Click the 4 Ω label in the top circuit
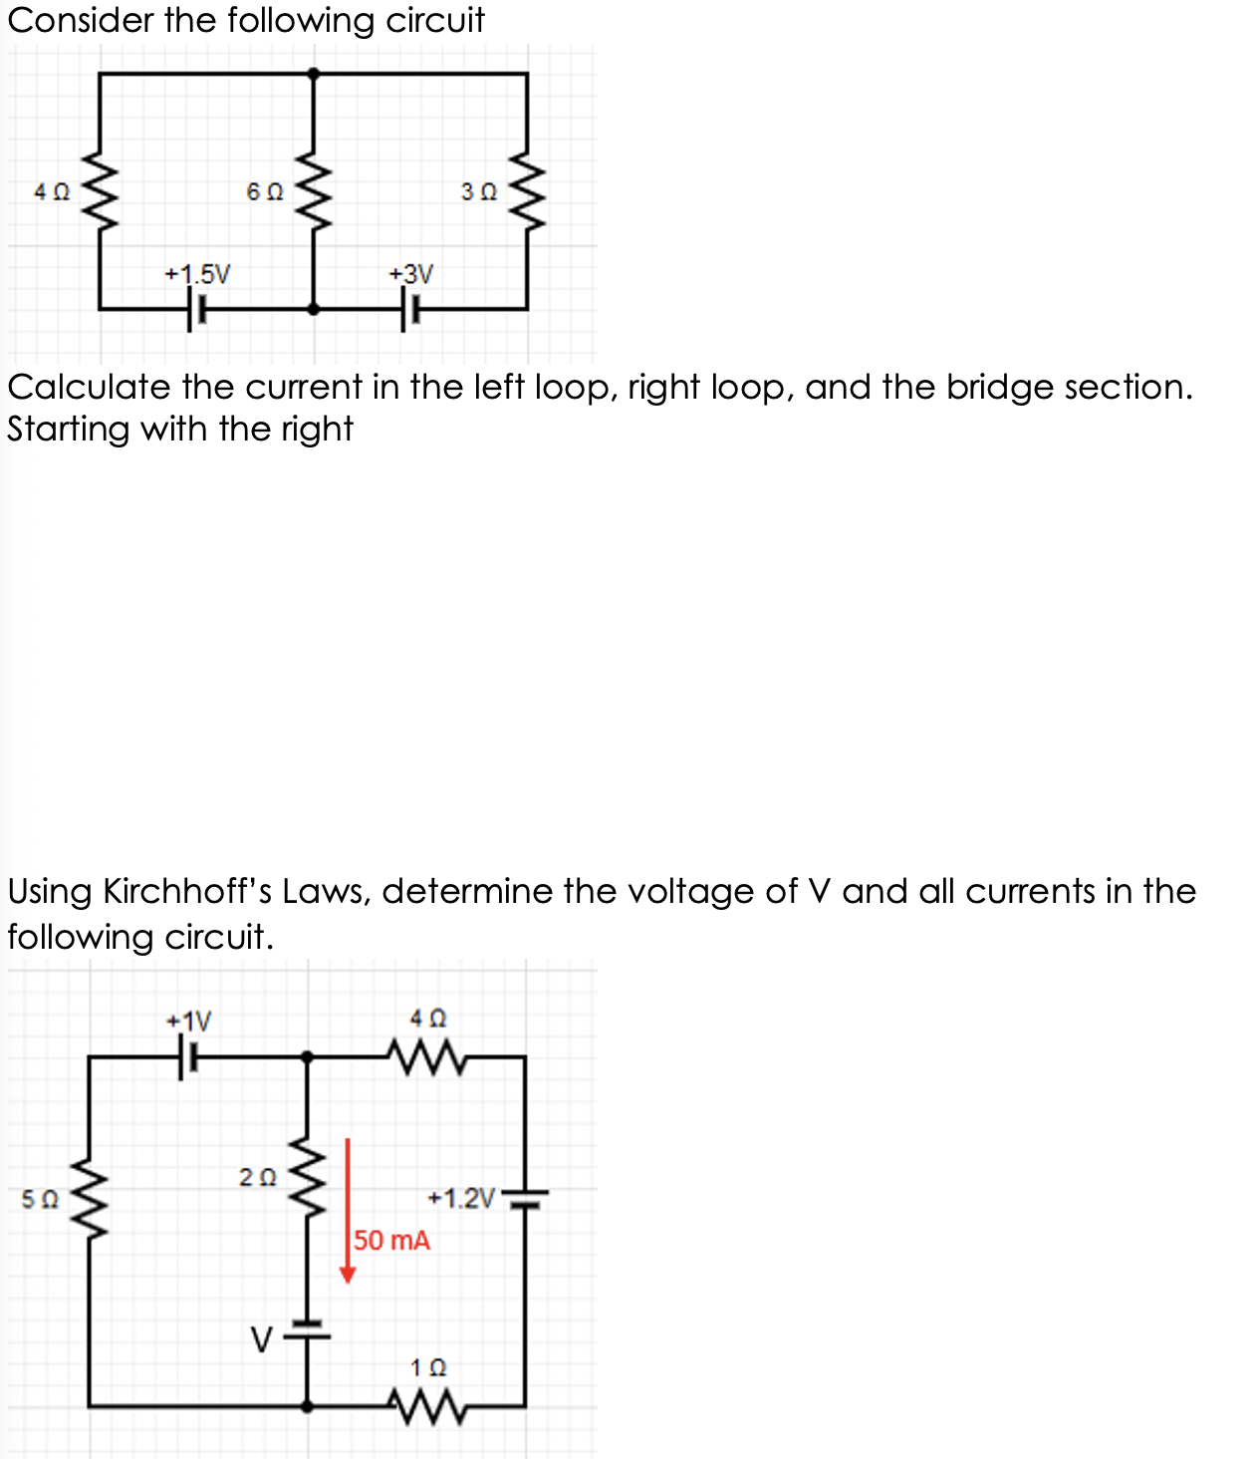click(x=52, y=191)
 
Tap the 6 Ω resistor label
click(x=265, y=191)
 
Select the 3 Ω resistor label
click(x=479, y=191)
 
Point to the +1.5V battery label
click(x=197, y=273)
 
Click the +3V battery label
click(x=411, y=273)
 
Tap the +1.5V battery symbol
click(x=195, y=309)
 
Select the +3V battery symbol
click(x=409, y=309)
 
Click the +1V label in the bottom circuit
click(x=189, y=1021)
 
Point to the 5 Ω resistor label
click(x=40, y=1199)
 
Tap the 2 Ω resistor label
click(x=258, y=1177)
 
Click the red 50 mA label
click(x=392, y=1241)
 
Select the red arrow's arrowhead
click(x=348, y=1275)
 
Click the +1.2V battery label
click(x=461, y=1198)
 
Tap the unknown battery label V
click(x=261, y=1340)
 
